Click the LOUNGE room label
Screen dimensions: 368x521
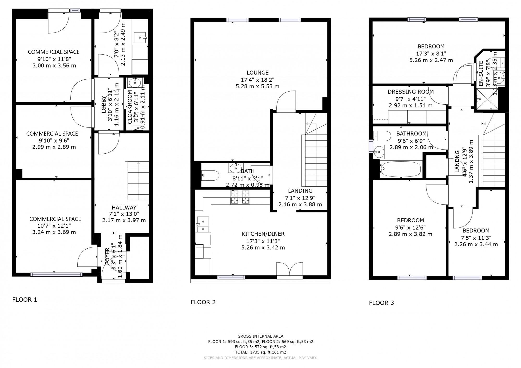(257, 73)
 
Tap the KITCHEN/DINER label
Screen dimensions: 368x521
(263, 234)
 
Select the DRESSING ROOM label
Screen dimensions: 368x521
(411, 92)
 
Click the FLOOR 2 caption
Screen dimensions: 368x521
(203, 302)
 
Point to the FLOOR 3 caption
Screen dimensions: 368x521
(381, 303)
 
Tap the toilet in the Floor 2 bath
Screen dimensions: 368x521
(210, 175)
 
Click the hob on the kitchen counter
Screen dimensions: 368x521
(240, 197)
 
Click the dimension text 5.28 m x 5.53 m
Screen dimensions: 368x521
(257, 86)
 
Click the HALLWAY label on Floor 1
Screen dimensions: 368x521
(124, 207)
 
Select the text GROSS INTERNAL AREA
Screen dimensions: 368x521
(260, 336)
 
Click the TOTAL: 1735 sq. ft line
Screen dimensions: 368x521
(260, 352)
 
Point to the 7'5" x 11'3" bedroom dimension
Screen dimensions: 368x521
(476, 237)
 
